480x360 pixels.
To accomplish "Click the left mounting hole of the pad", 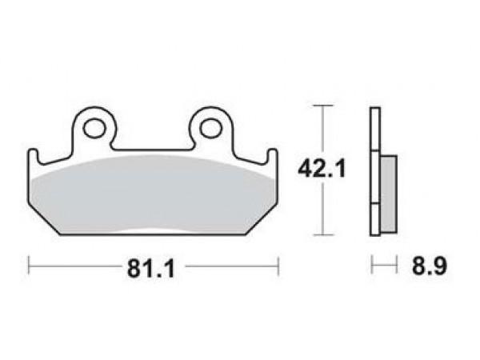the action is click(x=94, y=128).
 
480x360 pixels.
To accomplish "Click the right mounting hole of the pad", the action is click(x=211, y=128).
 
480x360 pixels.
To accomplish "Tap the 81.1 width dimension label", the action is click(x=151, y=268).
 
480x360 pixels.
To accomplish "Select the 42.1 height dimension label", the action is click(x=322, y=169).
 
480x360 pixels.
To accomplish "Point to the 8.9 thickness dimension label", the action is click(x=430, y=266).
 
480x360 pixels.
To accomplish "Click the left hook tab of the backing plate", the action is click(x=34, y=156).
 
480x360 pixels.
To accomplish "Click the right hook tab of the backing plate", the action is click(x=273, y=156).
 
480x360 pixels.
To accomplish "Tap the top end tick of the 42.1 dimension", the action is click(x=323, y=106).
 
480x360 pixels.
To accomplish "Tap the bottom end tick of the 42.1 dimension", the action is click(x=323, y=235).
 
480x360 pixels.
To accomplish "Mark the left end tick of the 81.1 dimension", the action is click(x=29, y=266).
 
